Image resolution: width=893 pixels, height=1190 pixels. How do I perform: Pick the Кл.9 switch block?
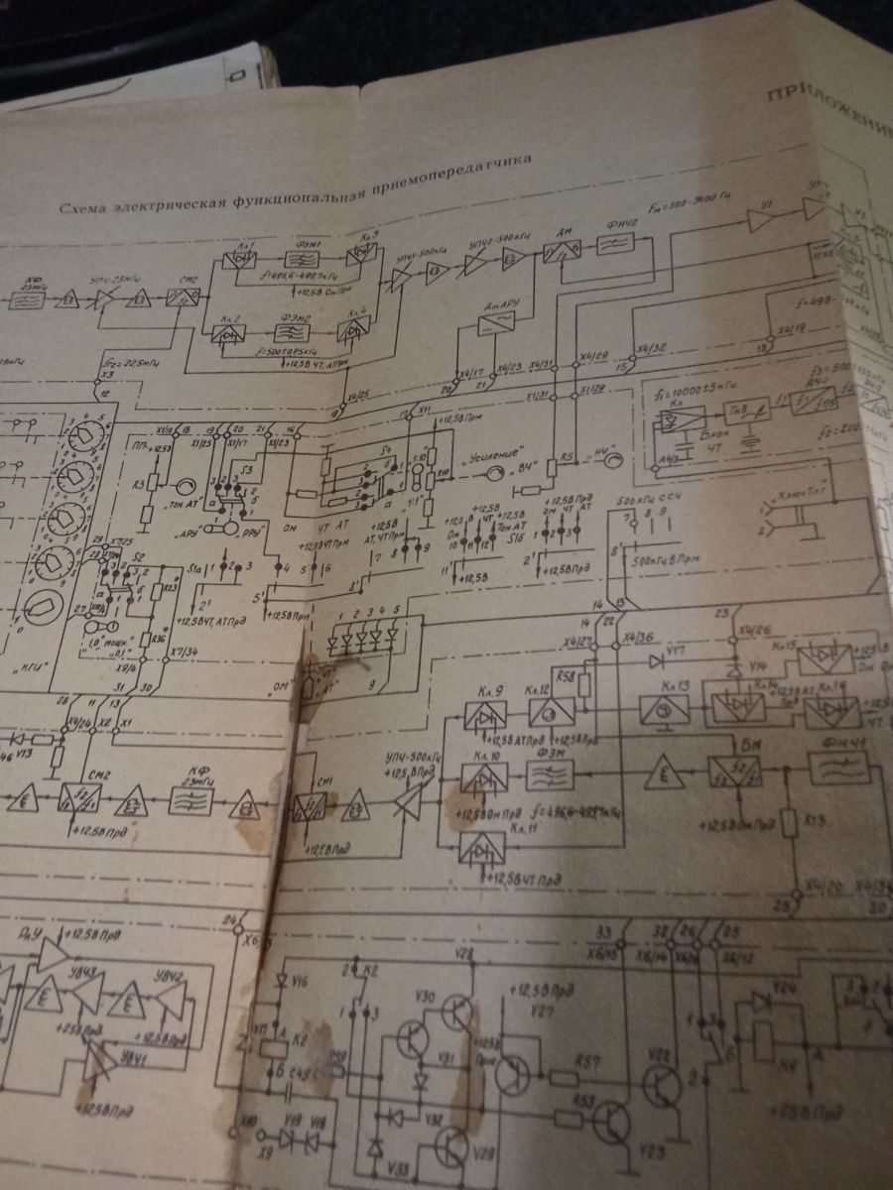[x=486, y=715]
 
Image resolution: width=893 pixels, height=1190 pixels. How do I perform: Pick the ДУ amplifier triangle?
[x=50, y=954]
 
